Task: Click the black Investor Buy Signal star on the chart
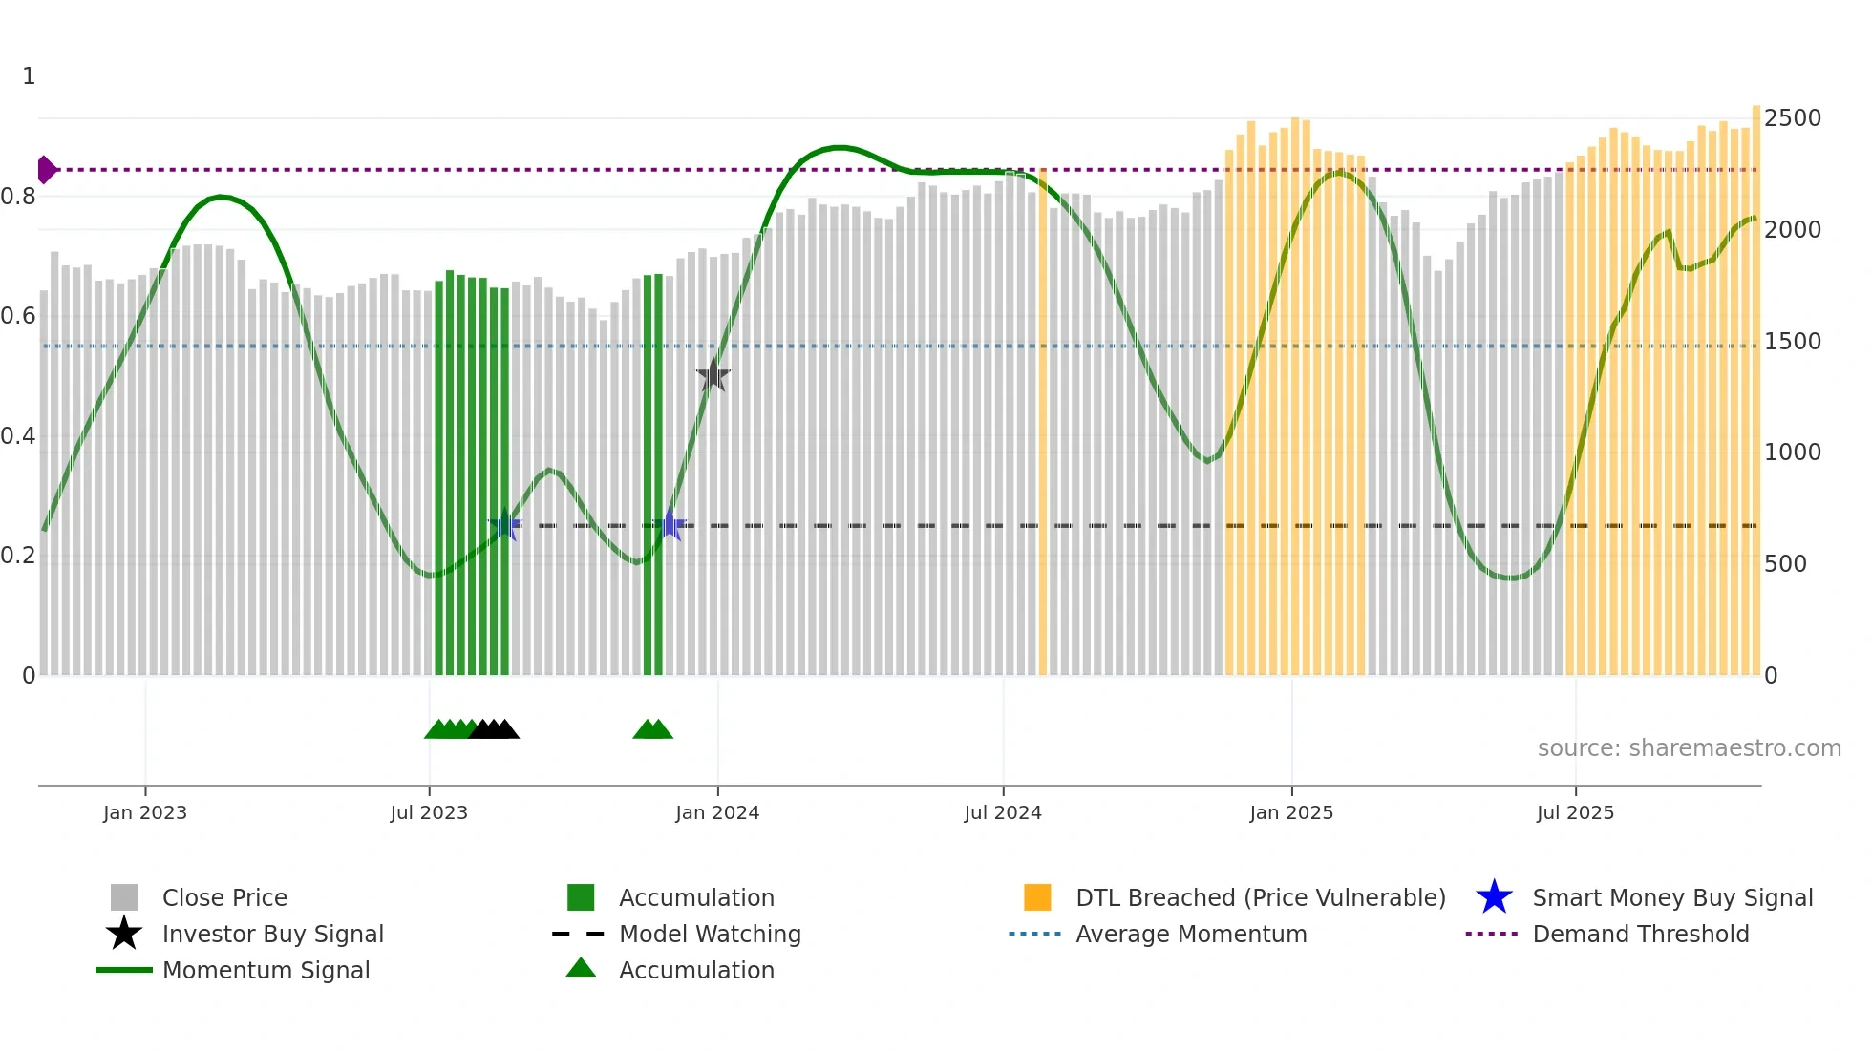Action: coord(713,375)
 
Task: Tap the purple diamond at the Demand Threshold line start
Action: coord(46,170)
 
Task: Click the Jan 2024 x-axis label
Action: coord(717,812)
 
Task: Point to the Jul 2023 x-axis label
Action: coord(429,812)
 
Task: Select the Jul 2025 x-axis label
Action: coord(1575,812)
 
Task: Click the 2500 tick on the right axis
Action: coord(1792,118)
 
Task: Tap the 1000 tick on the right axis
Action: coord(1792,452)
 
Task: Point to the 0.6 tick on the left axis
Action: coord(18,316)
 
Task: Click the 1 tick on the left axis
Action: coord(29,76)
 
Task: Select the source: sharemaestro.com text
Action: coord(1689,748)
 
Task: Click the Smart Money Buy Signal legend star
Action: coord(1494,897)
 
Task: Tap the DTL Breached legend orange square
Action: coord(1037,897)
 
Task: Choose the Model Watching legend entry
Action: coord(709,934)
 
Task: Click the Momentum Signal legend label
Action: coord(266,970)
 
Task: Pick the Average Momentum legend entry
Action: coord(1190,934)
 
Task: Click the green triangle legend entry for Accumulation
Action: coord(581,968)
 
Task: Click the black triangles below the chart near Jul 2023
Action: coord(495,730)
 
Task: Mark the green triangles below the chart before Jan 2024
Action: coord(653,730)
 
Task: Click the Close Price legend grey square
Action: coord(124,897)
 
